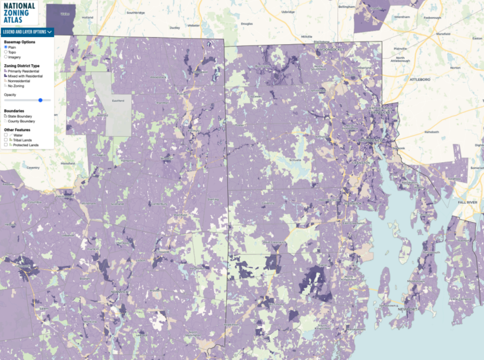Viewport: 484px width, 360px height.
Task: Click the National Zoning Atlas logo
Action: pyautogui.click(x=19, y=13)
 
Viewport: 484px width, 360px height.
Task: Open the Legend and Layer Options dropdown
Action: pyautogui.click(x=27, y=32)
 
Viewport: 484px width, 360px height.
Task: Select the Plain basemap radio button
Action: pyautogui.click(x=6, y=47)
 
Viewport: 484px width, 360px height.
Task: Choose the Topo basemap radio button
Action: pyautogui.click(x=6, y=52)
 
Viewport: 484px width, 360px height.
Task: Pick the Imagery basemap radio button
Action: pyautogui.click(x=6, y=57)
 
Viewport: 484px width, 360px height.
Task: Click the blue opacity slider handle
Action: pyautogui.click(x=41, y=100)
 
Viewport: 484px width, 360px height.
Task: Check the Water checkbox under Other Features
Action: pyautogui.click(x=6, y=135)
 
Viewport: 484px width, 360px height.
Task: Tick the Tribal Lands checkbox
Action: pyautogui.click(x=6, y=140)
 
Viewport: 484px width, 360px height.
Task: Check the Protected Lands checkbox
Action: pyautogui.click(x=6, y=145)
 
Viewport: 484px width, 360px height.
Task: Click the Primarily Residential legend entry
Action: pyautogui.click(x=23, y=71)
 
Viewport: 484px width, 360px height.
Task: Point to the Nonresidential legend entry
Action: pyautogui.click(x=19, y=81)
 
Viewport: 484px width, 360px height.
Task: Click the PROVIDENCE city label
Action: pyautogui.click(x=370, y=141)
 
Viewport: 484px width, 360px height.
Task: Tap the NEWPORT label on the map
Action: pyautogui.click(x=407, y=309)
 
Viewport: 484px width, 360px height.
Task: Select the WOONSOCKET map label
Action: pyautogui.click(x=331, y=49)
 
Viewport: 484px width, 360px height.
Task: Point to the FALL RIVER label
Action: pyautogui.click(x=467, y=202)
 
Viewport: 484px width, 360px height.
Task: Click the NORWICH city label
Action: pyautogui.click(x=120, y=292)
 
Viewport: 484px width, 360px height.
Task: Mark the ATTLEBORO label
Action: pyautogui.click(x=420, y=79)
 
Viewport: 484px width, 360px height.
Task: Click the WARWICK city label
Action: pyautogui.click(x=353, y=203)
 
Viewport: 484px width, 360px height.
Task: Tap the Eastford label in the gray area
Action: pyautogui.click(x=118, y=101)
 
